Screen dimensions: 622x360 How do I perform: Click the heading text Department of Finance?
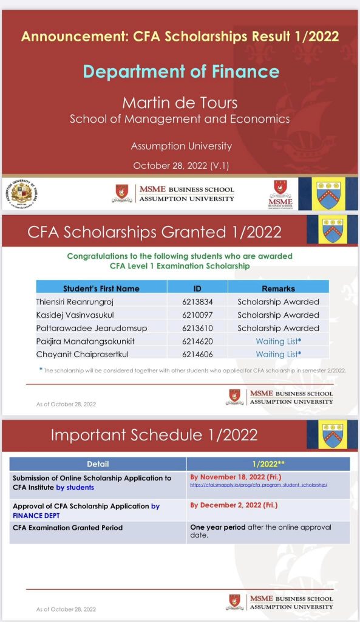click(181, 71)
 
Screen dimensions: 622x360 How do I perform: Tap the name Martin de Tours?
click(180, 102)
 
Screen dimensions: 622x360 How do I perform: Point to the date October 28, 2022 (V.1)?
click(180, 165)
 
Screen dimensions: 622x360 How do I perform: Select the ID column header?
click(197, 289)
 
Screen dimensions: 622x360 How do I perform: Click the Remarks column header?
click(278, 289)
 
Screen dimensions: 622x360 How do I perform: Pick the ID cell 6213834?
click(197, 302)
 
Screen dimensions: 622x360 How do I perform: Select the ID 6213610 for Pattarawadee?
click(197, 328)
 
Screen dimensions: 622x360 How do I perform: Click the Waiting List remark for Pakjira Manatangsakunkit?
click(278, 341)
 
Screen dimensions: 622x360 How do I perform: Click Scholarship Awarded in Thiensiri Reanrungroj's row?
click(278, 302)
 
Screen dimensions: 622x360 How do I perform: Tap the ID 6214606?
click(197, 354)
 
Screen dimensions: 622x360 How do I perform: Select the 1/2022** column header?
click(268, 464)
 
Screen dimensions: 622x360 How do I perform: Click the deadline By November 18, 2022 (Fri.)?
click(236, 477)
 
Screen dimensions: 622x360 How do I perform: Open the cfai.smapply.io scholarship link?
click(259, 485)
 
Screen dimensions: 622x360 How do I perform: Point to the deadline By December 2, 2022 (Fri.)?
click(234, 505)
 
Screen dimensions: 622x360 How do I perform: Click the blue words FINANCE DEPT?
click(38, 516)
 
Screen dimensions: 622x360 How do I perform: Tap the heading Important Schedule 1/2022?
click(154, 435)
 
